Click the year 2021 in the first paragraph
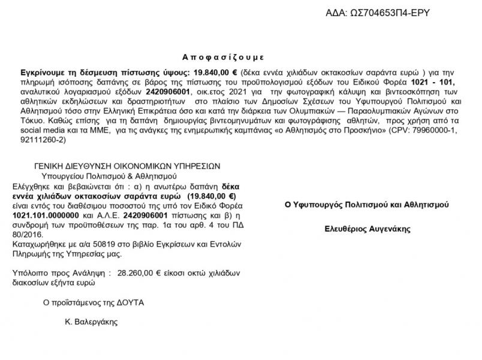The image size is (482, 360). [x=243, y=92]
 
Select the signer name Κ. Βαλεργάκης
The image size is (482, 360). [x=92, y=321]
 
